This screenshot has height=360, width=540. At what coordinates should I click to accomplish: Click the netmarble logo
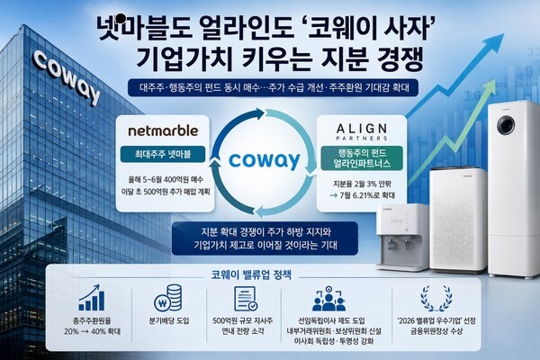tap(163, 130)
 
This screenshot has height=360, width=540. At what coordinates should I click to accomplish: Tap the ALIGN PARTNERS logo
tap(362, 132)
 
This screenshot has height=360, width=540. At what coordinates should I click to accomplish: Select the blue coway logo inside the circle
tap(264, 161)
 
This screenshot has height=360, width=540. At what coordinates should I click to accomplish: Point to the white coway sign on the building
tap(67, 77)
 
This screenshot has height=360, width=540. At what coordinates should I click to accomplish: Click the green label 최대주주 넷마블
tap(163, 154)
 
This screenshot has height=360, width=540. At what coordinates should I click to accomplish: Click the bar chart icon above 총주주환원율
tap(92, 298)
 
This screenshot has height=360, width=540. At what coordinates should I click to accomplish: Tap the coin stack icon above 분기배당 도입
tap(168, 298)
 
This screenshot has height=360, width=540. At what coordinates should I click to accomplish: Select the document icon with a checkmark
tap(246, 299)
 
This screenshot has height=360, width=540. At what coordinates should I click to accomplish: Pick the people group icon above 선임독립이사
tap(328, 298)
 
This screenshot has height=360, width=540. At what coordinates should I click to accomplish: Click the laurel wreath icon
tap(436, 298)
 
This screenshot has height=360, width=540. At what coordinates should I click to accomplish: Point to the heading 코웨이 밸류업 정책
tap(251, 274)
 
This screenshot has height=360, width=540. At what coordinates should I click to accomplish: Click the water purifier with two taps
tap(403, 237)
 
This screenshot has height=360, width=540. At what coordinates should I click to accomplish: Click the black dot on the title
tap(121, 18)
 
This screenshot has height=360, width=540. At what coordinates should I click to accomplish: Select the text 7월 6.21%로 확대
tap(363, 195)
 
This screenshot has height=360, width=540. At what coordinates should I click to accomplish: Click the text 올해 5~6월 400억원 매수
tap(166, 179)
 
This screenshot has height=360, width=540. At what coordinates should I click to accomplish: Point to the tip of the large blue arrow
tap(504, 34)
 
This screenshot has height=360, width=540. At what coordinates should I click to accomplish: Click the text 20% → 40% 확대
tap(93, 332)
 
